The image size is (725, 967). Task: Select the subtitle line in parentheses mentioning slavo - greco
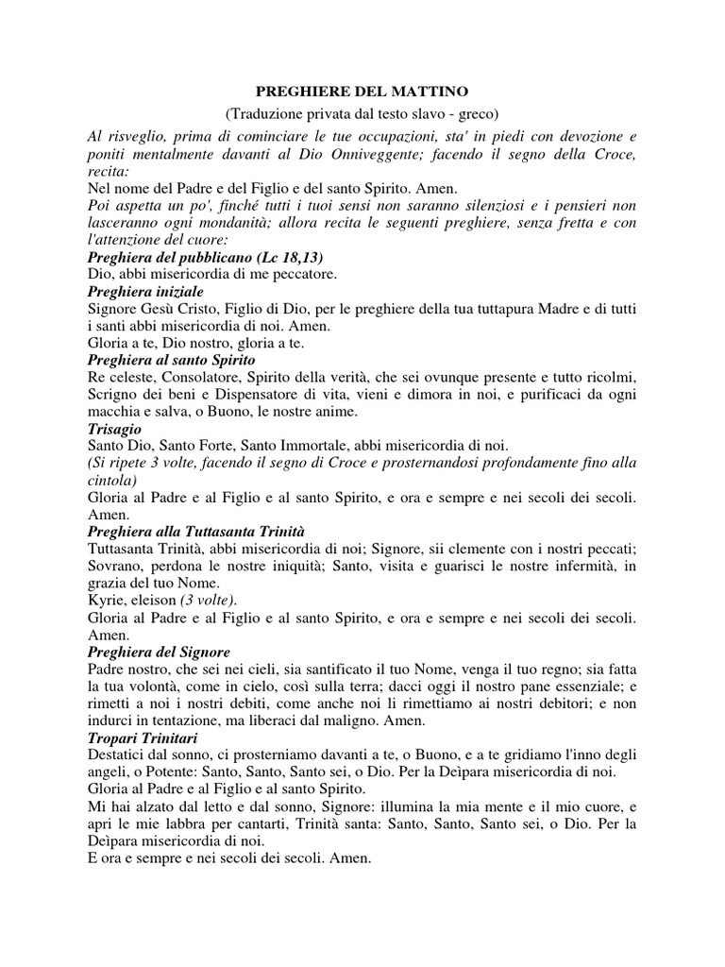pos(362,114)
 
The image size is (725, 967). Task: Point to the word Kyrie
pos(106,600)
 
